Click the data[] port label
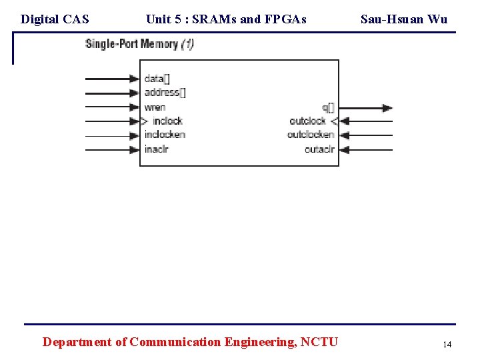(x=157, y=79)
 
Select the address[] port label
(x=165, y=93)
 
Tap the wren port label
(x=155, y=107)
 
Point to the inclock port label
(x=167, y=121)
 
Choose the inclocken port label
(x=165, y=135)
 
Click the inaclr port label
(x=156, y=149)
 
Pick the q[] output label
(x=328, y=107)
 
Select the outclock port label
(x=307, y=121)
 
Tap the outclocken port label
(x=310, y=135)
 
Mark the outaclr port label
(x=319, y=149)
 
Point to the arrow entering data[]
(x=112, y=79)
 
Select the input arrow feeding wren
(x=112, y=107)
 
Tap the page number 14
(x=447, y=344)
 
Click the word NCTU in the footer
(x=319, y=342)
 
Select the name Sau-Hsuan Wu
(x=404, y=19)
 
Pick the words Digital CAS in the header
(x=55, y=19)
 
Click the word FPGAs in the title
(x=285, y=19)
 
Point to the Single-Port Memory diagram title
(x=139, y=45)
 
